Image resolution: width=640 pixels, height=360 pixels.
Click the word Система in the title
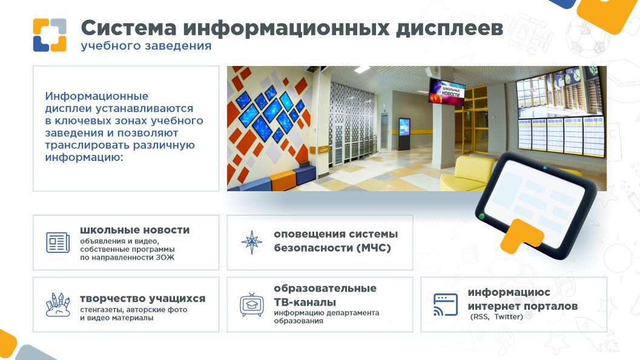(128, 28)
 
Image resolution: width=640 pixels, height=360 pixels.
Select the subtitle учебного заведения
(146, 45)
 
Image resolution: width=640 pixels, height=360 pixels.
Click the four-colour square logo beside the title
(50, 35)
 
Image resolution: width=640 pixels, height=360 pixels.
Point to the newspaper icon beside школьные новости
(58, 243)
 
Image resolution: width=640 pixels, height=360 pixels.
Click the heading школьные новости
(134, 230)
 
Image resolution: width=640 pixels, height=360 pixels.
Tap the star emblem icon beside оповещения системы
(251, 242)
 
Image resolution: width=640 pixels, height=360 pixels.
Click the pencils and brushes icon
(58, 304)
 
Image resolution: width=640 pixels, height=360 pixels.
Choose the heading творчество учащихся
(142, 299)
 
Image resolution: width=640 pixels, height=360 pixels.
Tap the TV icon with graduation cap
(251, 304)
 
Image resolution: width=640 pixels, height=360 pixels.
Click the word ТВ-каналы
(305, 302)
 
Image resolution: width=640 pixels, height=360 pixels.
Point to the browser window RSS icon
(445, 304)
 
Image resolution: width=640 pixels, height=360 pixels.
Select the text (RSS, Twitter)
(496, 317)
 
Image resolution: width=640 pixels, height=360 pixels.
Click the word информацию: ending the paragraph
(84, 157)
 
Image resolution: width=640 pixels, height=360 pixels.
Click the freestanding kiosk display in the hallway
(404, 134)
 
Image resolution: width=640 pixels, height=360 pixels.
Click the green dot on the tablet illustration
(481, 216)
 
